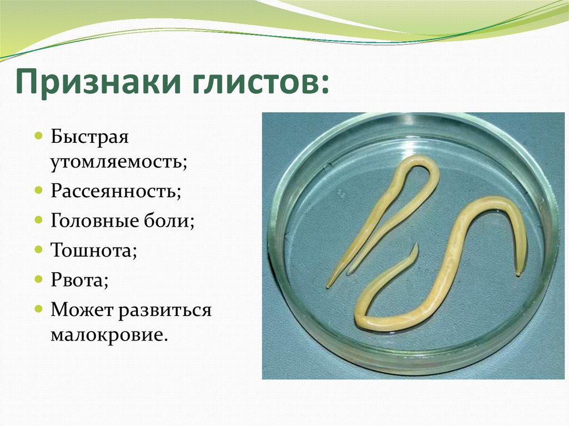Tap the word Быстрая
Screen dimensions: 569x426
pyautogui.click(x=89, y=138)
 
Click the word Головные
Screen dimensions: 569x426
pyautogui.click(x=94, y=220)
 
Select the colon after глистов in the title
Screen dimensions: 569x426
pyautogui.click(x=323, y=86)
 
